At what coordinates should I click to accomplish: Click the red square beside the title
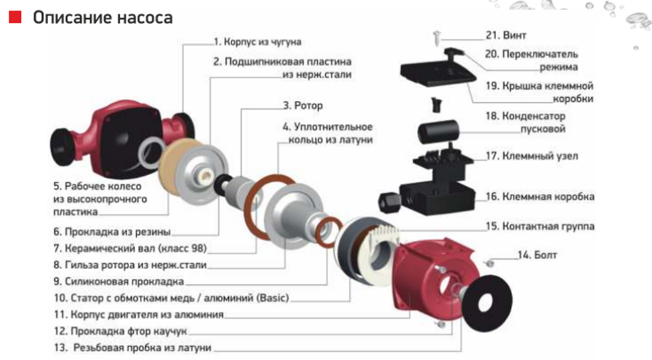click(x=15, y=17)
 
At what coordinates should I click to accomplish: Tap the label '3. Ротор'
click(x=303, y=106)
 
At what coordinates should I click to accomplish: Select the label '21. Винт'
click(x=506, y=35)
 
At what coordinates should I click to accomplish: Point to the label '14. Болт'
click(x=538, y=255)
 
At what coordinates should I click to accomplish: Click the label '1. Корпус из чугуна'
click(x=258, y=42)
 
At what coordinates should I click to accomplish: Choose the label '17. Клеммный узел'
click(x=532, y=156)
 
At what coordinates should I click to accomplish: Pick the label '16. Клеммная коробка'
click(x=540, y=196)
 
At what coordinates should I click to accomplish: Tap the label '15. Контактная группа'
click(x=540, y=226)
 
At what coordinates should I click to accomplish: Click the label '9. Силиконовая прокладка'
click(x=118, y=282)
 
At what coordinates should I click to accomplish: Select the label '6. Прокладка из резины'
click(x=112, y=232)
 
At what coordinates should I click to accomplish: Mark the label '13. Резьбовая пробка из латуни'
click(x=133, y=347)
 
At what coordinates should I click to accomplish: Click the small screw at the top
click(x=436, y=37)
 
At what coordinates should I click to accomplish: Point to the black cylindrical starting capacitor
click(x=438, y=131)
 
